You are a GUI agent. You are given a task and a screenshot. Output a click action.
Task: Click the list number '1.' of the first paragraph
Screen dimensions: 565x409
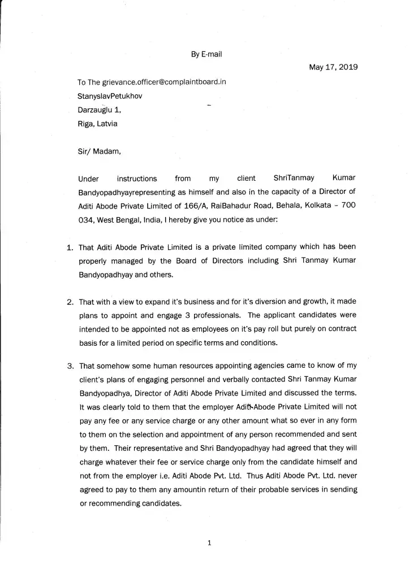tap(68, 247)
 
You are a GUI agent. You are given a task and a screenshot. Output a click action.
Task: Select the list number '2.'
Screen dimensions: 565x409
tap(68, 302)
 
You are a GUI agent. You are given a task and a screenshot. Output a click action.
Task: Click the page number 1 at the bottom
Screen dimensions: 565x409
tap(209, 544)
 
